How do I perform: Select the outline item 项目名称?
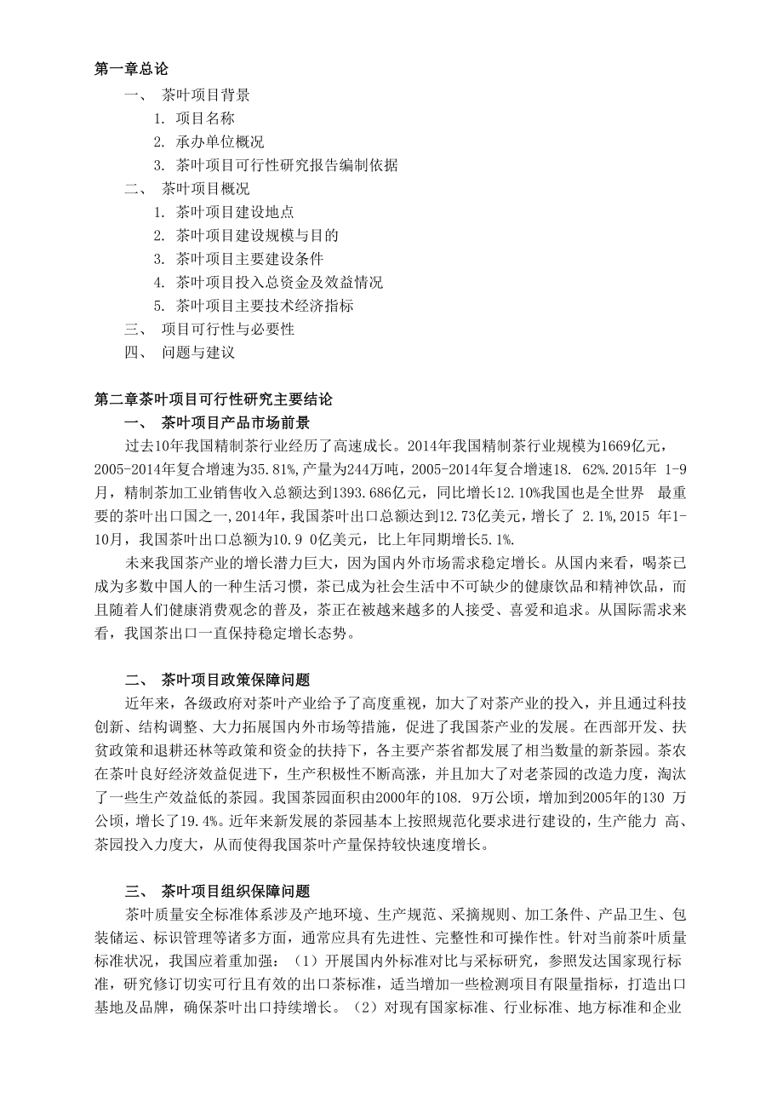coord(205,118)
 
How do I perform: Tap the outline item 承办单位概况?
coord(220,141)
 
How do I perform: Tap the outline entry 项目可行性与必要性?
coord(227,329)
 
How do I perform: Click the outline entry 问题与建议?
coord(197,352)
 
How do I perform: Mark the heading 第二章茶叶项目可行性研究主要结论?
coord(214,399)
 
